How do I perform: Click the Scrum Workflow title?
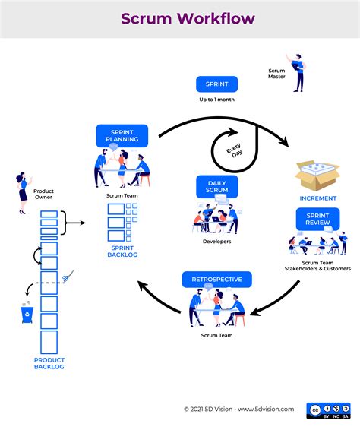pos(180,18)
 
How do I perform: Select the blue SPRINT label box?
pos(217,84)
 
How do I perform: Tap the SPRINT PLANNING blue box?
pos(121,135)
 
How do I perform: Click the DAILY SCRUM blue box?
pos(216,186)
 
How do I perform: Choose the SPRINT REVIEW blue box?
pos(317,219)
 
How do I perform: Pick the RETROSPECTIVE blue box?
pos(216,280)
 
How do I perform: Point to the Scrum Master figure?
pos(296,71)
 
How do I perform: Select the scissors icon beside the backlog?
pos(70,275)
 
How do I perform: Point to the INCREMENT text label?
pos(317,198)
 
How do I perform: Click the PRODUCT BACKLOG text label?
pos(49,363)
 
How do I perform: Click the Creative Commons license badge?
pos(327,410)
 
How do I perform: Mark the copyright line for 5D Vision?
pos(238,409)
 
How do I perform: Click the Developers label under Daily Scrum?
pos(216,242)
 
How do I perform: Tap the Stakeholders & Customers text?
pos(317,268)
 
